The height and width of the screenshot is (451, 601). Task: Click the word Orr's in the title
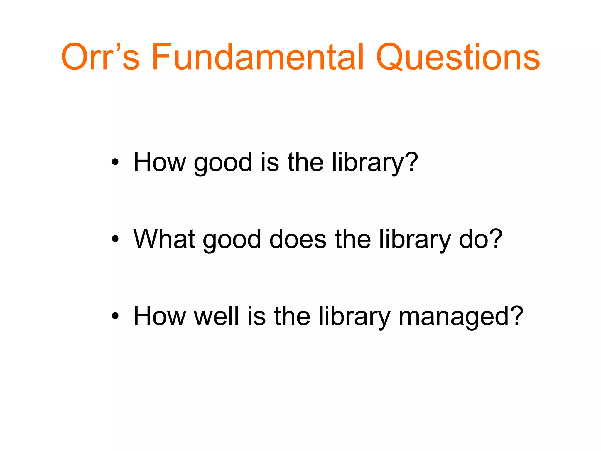pyautogui.click(x=100, y=57)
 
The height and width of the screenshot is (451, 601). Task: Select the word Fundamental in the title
pyautogui.click(x=258, y=57)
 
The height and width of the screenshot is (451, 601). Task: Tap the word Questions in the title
pyautogui.click(x=458, y=58)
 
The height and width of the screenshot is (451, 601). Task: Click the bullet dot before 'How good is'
pyautogui.click(x=115, y=162)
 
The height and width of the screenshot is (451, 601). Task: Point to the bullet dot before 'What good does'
pyautogui.click(x=115, y=239)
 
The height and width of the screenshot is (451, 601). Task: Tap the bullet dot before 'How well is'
pyautogui.click(x=115, y=316)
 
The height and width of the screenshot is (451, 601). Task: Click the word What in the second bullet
pyautogui.click(x=164, y=239)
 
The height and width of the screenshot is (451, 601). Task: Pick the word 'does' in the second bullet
pyautogui.click(x=298, y=239)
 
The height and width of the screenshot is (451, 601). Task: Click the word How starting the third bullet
pyautogui.click(x=160, y=316)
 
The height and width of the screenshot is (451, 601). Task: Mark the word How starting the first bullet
pyautogui.click(x=160, y=162)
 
